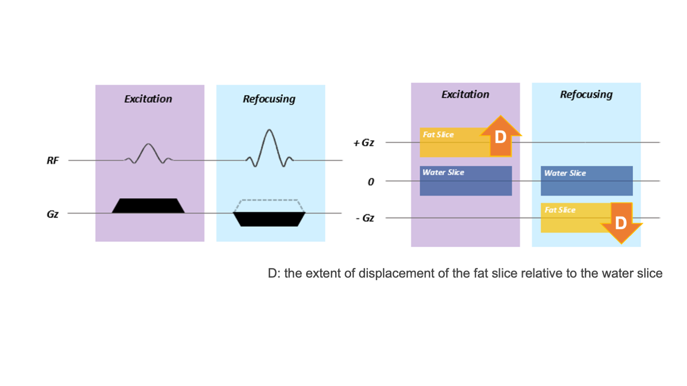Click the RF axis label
point(52,161)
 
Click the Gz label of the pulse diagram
point(52,214)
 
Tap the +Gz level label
point(364,143)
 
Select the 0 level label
point(371,182)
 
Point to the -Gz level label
point(364,218)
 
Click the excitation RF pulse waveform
point(148,153)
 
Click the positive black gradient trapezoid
point(148,206)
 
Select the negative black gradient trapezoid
point(269,219)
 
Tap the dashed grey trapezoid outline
point(269,200)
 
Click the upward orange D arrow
point(501,136)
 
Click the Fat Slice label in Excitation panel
point(438,135)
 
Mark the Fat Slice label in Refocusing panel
point(560,210)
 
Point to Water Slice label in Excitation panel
point(443,173)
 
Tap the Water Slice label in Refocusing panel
point(565,174)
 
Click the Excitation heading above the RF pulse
point(148,99)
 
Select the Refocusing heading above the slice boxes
point(586,95)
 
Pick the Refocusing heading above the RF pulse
point(269,99)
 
